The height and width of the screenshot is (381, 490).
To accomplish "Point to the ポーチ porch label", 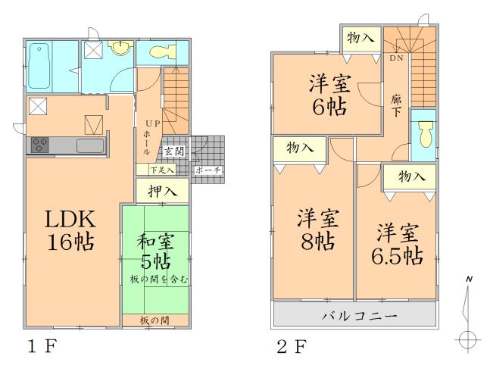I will coord(208,170).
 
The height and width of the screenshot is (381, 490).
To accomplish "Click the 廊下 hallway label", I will coord(396,105).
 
